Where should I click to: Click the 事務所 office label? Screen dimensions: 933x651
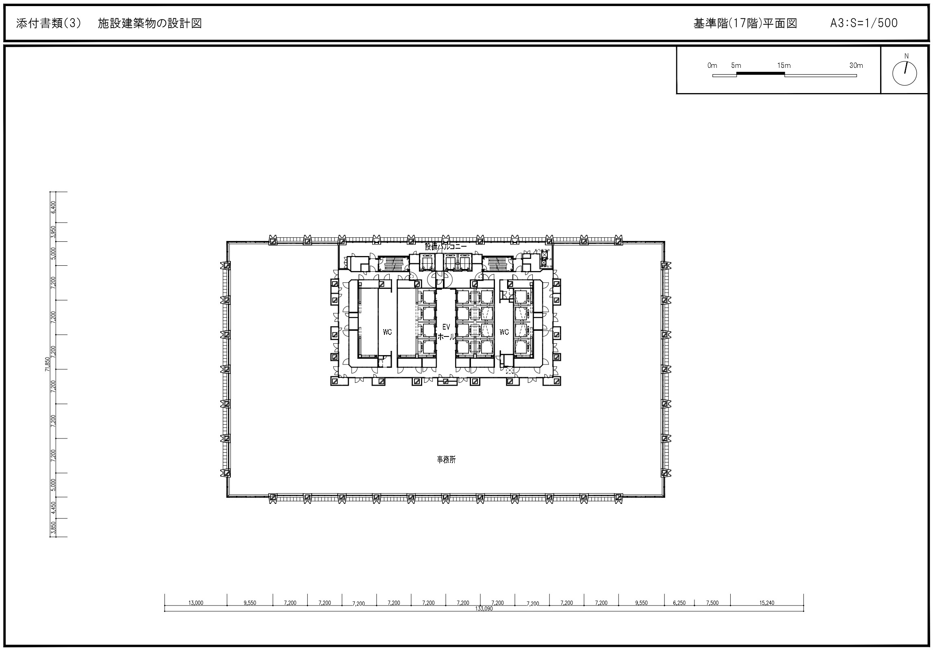(446, 460)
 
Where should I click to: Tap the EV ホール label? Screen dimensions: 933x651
(446, 332)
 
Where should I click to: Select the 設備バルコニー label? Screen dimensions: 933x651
(446, 246)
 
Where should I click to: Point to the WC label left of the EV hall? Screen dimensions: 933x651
(387, 332)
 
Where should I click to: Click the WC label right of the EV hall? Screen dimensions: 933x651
(504, 332)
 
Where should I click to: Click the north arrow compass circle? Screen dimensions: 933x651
(905, 74)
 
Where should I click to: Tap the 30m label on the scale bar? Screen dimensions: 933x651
(856, 65)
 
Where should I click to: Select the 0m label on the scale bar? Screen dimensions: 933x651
(712, 65)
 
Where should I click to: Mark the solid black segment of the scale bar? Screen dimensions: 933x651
(760, 73)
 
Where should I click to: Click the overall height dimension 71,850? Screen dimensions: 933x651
(48, 364)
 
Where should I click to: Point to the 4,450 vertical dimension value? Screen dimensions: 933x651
(53, 508)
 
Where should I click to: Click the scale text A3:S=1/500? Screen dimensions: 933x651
(864, 23)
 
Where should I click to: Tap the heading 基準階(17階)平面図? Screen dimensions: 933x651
(745, 23)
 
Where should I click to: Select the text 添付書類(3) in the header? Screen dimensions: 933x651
(49, 23)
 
